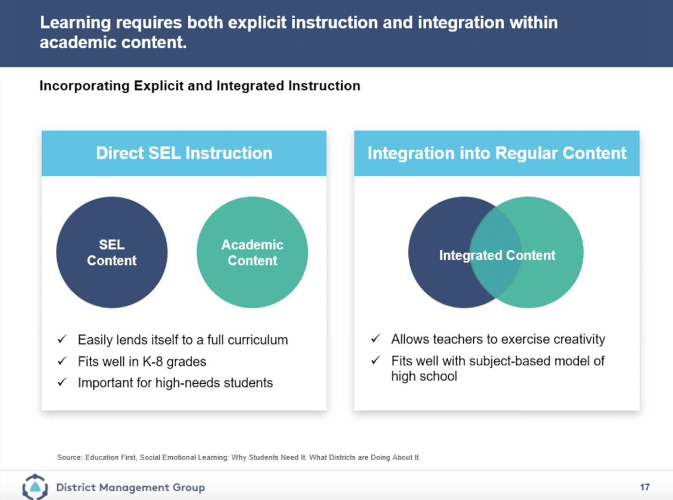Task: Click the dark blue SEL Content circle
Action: coord(112,253)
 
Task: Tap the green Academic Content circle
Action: coord(252,253)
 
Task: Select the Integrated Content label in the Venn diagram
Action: coord(497,256)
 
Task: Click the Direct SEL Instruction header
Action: coord(184,153)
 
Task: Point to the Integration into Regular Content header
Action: coord(497,153)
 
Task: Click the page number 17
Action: coord(644,487)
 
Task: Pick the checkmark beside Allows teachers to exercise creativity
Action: coord(376,340)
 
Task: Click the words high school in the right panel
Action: coord(424,377)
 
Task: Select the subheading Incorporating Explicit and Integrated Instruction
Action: coord(200,86)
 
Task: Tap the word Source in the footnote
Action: coord(69,457)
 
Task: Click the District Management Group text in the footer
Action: coord(131,487)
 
